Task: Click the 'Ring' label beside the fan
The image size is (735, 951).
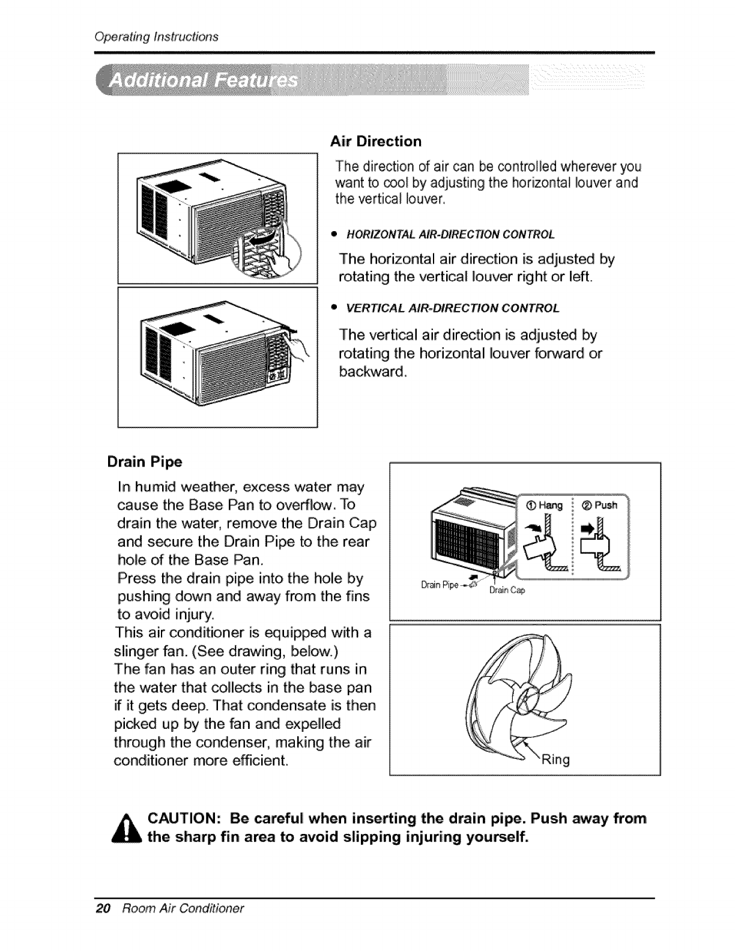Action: (x=555, y=761)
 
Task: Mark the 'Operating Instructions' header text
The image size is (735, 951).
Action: (x=156, y=36)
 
